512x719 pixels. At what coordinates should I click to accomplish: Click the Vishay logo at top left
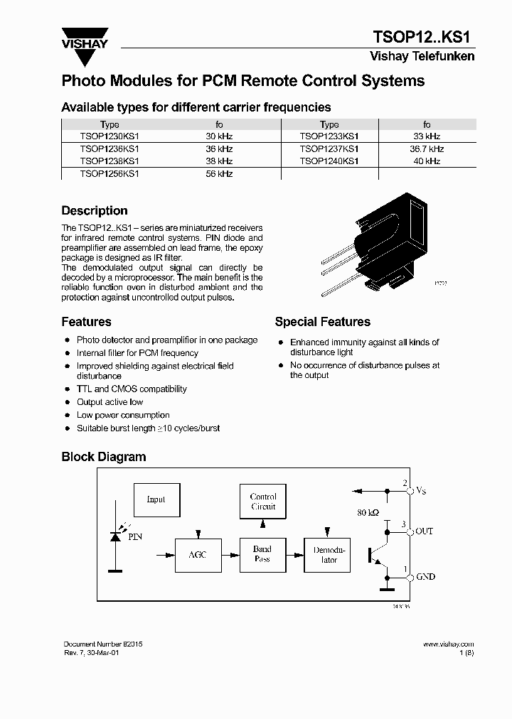(x=85, y=39)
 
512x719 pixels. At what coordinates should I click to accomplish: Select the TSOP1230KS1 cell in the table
(x=110, y=136)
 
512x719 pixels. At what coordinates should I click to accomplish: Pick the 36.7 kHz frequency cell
(x=427, y=149)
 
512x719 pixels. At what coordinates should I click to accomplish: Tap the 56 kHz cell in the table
(x=219, y=174)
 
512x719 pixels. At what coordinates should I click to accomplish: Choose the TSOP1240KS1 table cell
(x=329, y=161)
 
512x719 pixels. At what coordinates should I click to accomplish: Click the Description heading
(x=95, y=211)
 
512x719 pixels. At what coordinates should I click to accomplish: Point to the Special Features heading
(x=322, y=322)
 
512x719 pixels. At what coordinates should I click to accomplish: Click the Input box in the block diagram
(x=156, y=499)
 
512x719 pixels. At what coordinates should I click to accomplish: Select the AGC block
(x=197, y=554)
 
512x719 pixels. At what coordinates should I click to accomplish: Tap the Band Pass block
(x=262, y=554)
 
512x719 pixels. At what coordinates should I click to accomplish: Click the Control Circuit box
(x=262, y=502)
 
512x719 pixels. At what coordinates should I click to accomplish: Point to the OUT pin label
(x=424, y=531)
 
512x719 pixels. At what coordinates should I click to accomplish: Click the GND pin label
(x=425, y=578)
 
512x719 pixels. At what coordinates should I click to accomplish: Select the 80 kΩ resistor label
(x=368, y=512)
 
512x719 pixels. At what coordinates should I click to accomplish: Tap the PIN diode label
(x=135, y=537)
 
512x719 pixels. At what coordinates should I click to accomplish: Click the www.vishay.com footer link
(x=448, y=644)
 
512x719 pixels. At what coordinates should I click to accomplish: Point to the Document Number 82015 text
(x=102, y=644)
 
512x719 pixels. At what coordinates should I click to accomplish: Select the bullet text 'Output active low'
(x=110, y=402)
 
